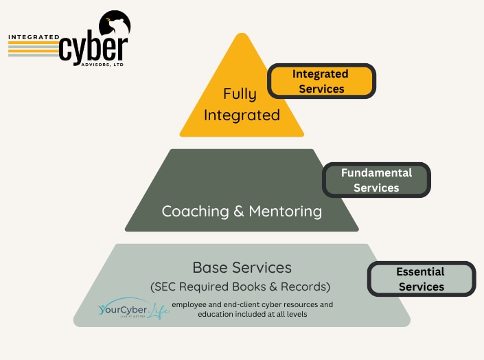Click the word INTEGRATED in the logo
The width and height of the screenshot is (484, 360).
(33, 36)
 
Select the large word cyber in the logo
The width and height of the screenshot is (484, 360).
(93, 50)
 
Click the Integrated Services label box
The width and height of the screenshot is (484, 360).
(321, 81)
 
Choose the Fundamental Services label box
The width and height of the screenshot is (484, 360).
(376, 180)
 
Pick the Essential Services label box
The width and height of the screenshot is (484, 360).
(421, 279)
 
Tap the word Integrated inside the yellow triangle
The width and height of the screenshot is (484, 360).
(241, 115)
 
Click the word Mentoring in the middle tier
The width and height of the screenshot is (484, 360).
(285, 211)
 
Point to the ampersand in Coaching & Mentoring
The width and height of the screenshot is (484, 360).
(238, 211)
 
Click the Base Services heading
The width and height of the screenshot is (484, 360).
(242, 267)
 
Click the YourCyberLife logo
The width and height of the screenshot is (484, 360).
(133, 311)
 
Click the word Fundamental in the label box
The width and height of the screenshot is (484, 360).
(376, 172)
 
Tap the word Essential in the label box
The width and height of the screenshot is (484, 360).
(420, 271)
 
